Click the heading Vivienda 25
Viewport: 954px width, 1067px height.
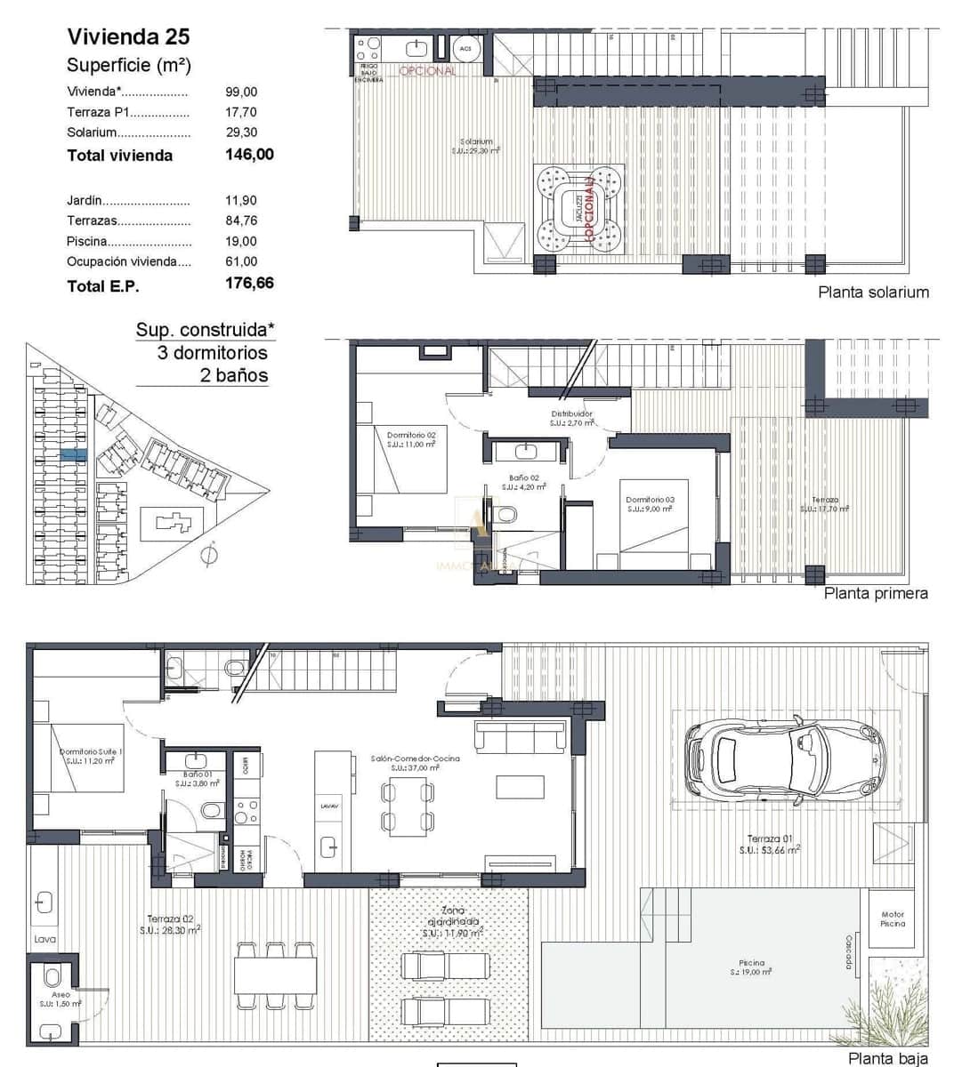pyautogui.click(x=128, y=36)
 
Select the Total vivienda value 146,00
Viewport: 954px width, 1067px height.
pyautogui.click(x=249, y=155)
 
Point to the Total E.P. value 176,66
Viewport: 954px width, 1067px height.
pyautogui.click(x=249, y=284)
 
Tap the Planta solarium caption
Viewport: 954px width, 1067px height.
pyautogui.click(x=872, y=292)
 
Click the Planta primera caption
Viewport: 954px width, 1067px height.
pyautogui.click(x=875, y=593)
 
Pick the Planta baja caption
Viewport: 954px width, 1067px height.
pyautogui.click(x=886, y=1058)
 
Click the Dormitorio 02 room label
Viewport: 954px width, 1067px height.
pyautogui.click(x=410, y=436)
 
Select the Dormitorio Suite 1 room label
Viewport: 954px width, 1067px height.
pyautogui.click(x=91, y=752)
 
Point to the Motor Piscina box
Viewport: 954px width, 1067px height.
pyautogui.click(x=892, y=919)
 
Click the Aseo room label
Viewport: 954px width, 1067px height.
pyautogui.click(x=61, y=995)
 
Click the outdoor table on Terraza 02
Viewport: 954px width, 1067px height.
pyautogui.click(x=276, y=975)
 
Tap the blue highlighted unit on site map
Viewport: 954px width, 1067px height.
pyautogui.click(x=74, y=453)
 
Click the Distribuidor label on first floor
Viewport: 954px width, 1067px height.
pyautogui.click(x=571, y=414)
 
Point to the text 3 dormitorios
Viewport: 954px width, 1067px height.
pyautogui.click(x=212, y=352)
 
